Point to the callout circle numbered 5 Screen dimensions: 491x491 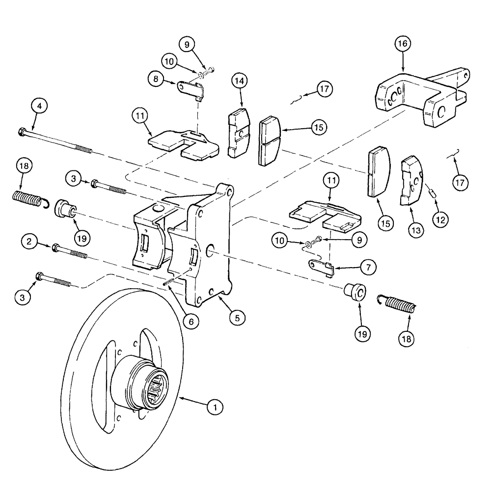tap(237, 318)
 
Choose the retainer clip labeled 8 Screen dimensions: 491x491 tap(191, 89)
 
